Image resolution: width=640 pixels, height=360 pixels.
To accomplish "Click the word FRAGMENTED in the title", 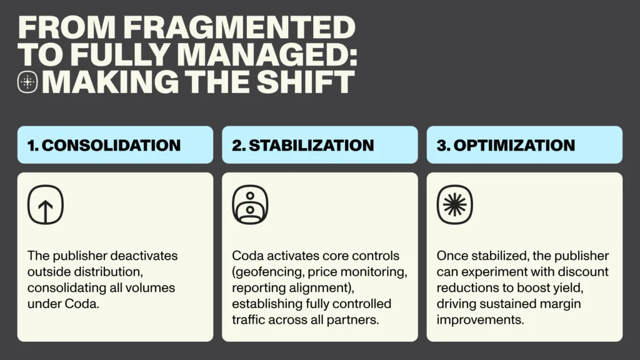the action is (x=239, y=27).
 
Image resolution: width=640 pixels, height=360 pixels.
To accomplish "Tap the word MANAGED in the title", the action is (x=267, y=55).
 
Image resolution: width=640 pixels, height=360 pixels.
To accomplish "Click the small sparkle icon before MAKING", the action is (x=27, y=82).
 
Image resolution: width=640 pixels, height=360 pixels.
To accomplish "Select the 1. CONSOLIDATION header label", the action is (x=104, y=145).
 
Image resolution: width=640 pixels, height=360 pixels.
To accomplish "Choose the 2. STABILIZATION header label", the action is (x=303, y=145).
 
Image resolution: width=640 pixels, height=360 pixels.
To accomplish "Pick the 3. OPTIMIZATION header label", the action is (x=506, y=145).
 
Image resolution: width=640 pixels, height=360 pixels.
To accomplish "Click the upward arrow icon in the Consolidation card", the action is (x=46, y=204).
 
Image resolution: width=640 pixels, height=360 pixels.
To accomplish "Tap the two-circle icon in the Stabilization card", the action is (x=250, y=204).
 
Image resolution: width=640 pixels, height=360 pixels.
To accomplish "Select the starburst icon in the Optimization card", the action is (x=455, y=204).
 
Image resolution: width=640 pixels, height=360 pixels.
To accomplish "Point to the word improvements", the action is (x=481, y=320).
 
